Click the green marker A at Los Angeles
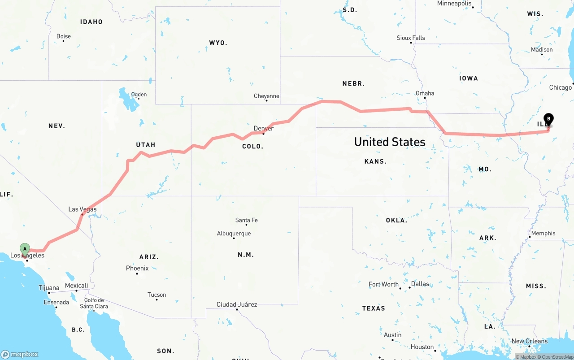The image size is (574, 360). [25, 249]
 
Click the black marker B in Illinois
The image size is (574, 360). [548, 119]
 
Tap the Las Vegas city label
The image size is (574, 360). [82, 209]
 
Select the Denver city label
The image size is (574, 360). [263, 129]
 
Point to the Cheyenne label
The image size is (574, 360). [266, 96]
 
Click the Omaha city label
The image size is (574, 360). [425, 93]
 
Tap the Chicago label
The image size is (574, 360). [560, 87]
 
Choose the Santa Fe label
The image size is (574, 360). [246, 220]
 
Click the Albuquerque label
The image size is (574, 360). [234, 234]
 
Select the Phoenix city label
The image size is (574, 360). [137, 268]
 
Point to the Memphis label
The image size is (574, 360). [543, 233]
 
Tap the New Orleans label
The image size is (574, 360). [529, 341]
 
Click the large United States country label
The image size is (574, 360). [389, 142]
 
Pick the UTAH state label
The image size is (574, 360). [146, 145]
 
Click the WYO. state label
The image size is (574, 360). [218, 43]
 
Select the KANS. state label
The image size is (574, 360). [375, 161]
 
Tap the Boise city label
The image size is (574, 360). [64, 36]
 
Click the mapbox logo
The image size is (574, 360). [20, 354]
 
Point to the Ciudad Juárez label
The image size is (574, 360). [237, 304]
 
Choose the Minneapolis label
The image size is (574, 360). [454, 4]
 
